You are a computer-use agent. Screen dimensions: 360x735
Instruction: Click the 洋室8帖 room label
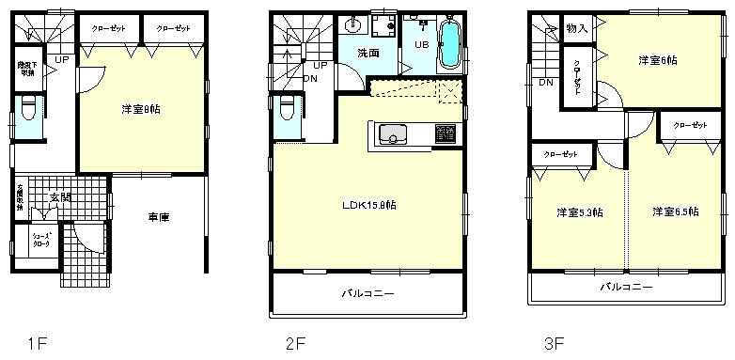(x=140, y=109)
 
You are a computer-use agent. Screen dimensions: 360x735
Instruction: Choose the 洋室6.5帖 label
(x=675, y=212)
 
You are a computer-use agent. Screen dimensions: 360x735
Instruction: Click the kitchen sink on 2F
(x=391, y=137)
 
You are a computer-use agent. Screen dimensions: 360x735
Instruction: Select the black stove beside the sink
(x=443, y=136)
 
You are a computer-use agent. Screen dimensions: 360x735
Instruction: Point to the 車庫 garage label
(x=159, y=217)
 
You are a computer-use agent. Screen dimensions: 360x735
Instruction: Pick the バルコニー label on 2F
(x=368, y=295)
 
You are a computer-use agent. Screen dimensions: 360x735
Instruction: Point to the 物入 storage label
(x=576, y=29)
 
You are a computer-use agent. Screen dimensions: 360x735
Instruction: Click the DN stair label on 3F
(x=546, y=83)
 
